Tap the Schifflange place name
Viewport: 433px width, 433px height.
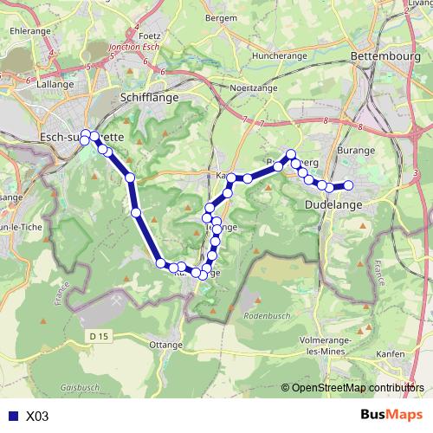[x=151, y=98]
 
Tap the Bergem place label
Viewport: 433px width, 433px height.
[x=223, y=17]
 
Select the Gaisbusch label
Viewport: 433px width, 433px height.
[x=83, y=389]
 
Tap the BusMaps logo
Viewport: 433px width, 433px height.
[x=386, y=415]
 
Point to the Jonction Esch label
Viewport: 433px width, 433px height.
[x=132, y=47]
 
